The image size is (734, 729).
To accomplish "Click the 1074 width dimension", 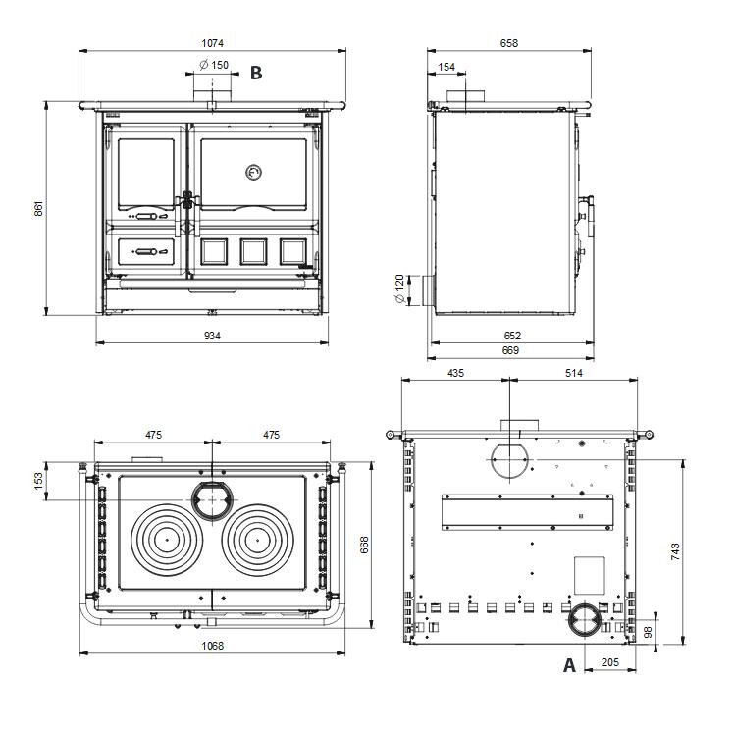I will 213,42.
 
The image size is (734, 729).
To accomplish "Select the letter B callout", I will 256,72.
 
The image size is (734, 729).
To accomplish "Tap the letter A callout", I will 568,665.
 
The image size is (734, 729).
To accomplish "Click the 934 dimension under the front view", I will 212,336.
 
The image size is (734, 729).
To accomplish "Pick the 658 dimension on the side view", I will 508,42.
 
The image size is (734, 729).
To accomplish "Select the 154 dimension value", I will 447,67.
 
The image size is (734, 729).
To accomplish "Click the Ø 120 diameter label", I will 399,289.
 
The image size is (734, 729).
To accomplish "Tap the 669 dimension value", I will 510,350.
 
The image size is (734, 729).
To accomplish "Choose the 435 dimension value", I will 456,373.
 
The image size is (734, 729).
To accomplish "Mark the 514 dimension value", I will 574,373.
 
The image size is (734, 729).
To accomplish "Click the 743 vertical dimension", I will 675,550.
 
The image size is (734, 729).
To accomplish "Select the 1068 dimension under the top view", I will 212,645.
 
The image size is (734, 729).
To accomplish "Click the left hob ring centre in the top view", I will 167,539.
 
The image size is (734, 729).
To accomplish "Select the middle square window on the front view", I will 252,251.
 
